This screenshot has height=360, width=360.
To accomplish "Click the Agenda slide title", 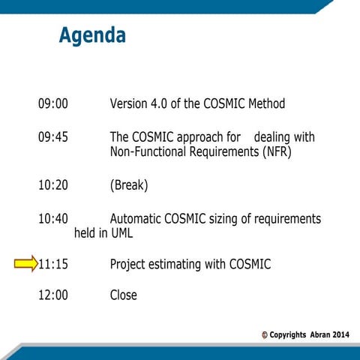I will [92, 35].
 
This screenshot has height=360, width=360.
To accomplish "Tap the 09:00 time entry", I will [52, 103].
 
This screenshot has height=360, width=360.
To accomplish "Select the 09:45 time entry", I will [52, 137].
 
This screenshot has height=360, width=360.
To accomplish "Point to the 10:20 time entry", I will [52, 184].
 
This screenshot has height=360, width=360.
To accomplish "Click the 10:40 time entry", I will [52, 219].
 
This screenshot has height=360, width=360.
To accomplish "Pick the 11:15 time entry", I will [53, 264].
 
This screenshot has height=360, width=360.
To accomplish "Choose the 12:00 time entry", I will [52, 295].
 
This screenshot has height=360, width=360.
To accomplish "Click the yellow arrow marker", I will [25, 263].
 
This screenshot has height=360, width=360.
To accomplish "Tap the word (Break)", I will [129, 184].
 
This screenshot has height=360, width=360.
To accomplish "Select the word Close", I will [124, 295].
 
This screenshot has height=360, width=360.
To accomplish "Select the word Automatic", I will [139, 219].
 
